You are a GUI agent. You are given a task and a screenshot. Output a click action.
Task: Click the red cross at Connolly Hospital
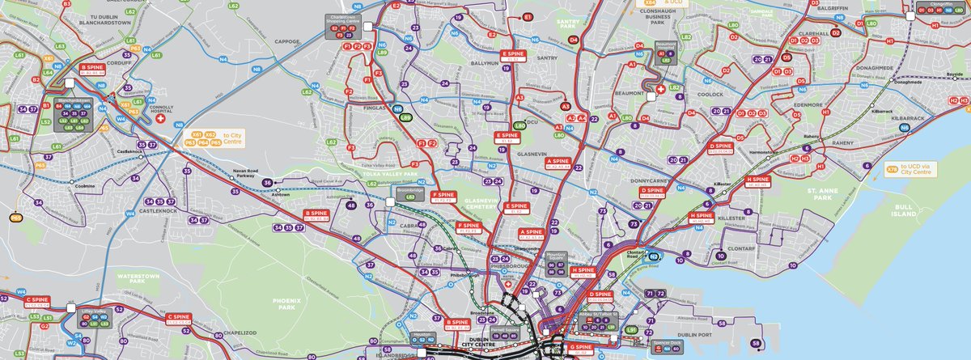coord(159,119)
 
